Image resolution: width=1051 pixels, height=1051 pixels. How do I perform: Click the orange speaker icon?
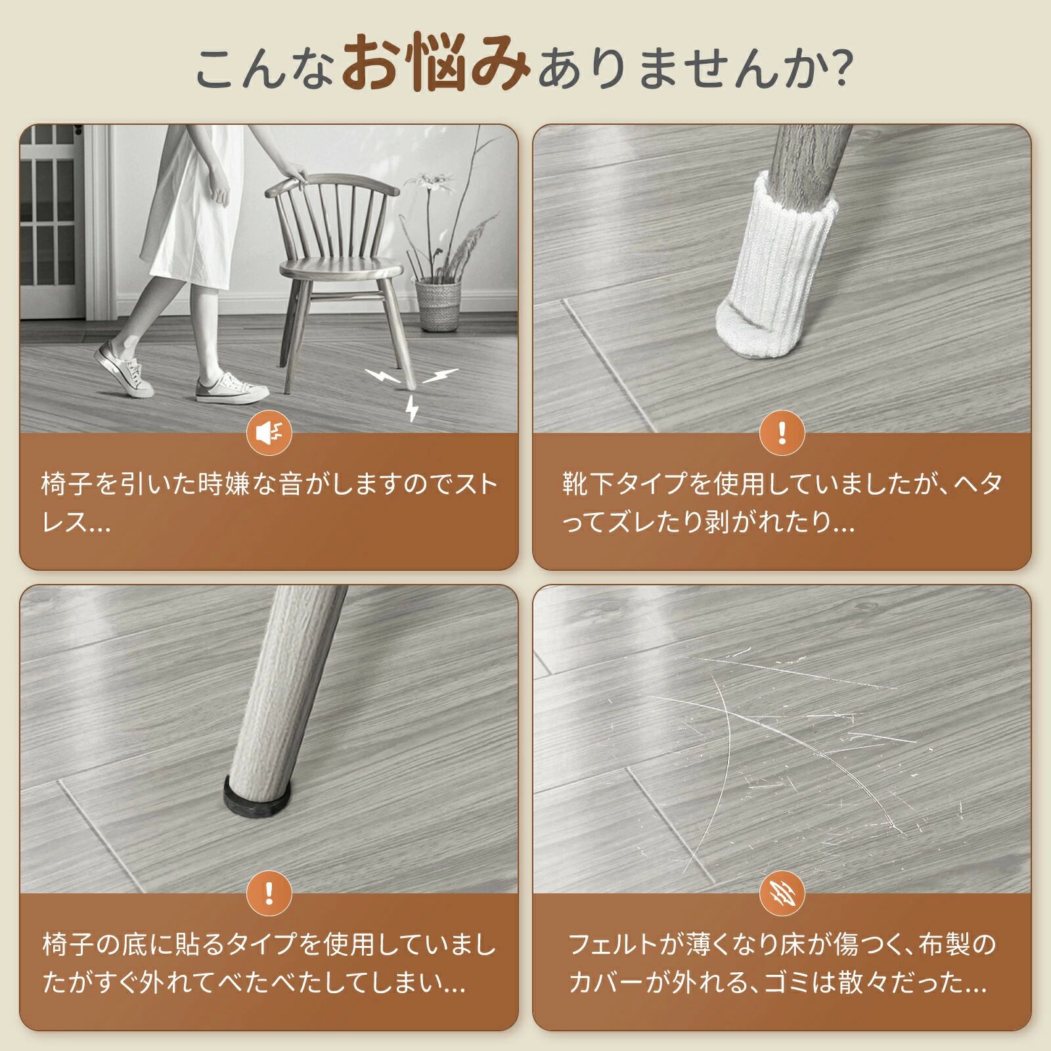[x=269, y=433]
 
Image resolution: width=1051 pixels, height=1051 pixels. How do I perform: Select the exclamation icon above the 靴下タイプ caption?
[x=782, y=433]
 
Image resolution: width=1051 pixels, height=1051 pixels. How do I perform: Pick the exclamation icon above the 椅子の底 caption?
[x=269, y=893]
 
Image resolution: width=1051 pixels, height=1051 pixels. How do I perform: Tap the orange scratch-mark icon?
[x=782, y=893]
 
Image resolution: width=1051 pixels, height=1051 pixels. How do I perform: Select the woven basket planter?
[x=438, y=303]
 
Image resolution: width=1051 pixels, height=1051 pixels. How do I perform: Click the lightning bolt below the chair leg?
[x=412, y=407]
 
